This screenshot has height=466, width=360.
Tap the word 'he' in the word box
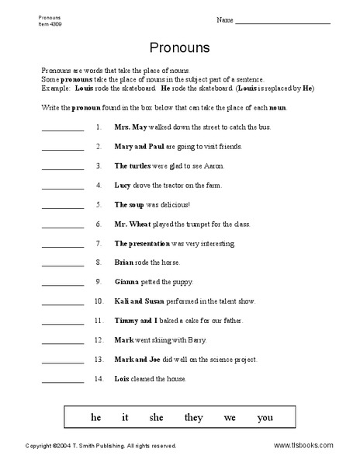(96, 417)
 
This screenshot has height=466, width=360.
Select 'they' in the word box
(194, 417)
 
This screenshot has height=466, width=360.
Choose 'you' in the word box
(265, 417)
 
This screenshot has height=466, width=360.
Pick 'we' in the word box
(230, 417)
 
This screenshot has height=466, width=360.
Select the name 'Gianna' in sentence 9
(128, 281)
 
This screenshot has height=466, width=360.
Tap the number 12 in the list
(98, 339)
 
